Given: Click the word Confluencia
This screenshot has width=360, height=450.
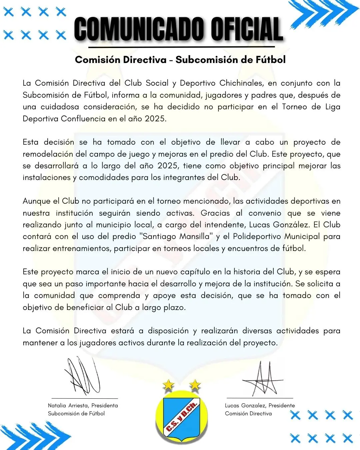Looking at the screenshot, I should click(83, 119).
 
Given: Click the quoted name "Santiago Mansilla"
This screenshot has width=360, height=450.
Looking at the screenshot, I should click(177, 237).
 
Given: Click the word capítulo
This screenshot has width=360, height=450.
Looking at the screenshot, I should click(197, 272).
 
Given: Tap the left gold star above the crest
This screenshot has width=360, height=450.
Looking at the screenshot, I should click(169, 385).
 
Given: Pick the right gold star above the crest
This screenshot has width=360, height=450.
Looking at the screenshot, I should click(195, 385).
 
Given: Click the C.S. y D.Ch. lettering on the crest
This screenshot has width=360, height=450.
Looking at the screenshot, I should click(182, 417).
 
